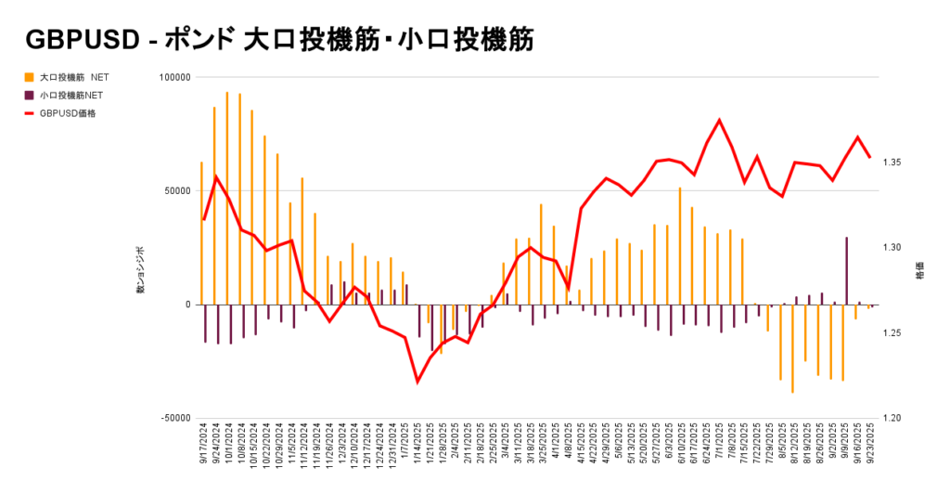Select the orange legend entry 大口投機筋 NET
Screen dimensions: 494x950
tap(71, 77)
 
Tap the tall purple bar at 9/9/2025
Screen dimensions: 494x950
tap(846, 270)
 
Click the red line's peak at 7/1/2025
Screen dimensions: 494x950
tap(719, 120)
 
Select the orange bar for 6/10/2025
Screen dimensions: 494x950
tap(679, 246)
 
